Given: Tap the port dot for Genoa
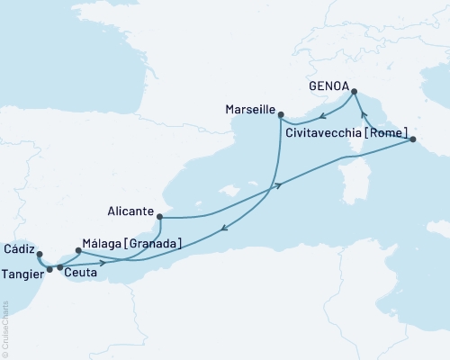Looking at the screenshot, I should click(x=354, y=91).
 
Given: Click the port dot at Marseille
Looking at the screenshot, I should click(x=281, y=114).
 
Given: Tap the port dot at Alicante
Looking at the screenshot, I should click(x=159, y=216).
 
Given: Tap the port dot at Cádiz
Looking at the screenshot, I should click(x=39, y=253).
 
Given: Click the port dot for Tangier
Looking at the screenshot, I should click(x=49, y=268).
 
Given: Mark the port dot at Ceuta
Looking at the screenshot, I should click(x=60, y=267).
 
